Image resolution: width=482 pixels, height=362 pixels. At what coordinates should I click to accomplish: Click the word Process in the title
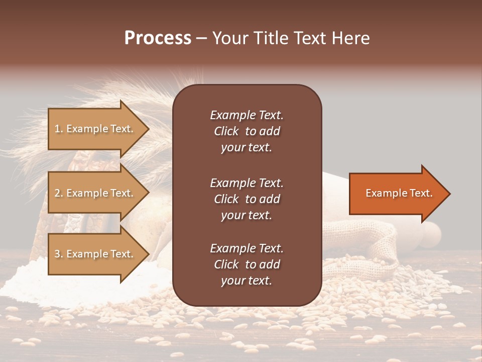158,38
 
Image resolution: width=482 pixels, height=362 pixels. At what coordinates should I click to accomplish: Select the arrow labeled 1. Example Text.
95,129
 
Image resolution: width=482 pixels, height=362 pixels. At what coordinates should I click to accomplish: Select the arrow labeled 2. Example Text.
95,193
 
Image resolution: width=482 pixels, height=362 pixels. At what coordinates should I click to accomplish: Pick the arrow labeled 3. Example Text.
95,254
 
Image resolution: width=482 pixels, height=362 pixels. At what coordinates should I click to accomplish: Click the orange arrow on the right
397,194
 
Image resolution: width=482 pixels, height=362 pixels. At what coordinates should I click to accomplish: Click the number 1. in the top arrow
59,129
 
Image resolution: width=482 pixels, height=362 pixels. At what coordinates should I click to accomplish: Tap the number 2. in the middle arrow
59,193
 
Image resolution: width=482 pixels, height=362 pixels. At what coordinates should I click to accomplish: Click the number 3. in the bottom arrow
59,254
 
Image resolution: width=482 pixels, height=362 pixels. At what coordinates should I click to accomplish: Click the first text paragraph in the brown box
247,131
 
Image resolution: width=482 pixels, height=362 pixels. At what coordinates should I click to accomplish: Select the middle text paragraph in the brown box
247,199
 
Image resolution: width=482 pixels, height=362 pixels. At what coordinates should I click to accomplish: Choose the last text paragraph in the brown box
247,264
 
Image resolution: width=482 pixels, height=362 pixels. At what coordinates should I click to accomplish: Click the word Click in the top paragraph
226,131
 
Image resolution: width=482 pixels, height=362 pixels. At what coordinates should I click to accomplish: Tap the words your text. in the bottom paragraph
247,281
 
